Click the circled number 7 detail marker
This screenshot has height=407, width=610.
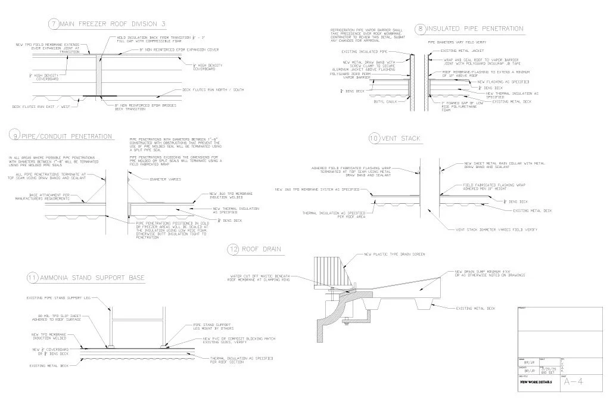coord(54,24)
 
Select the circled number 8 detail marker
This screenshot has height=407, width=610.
coord(421,28)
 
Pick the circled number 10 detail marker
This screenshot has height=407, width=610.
coord(374,138)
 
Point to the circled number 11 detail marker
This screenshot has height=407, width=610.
coord(33,278)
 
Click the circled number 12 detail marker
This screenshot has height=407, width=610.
coord(233,249)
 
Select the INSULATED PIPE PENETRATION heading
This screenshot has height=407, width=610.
coord(475,28)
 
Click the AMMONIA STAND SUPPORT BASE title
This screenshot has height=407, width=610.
coord(92,278)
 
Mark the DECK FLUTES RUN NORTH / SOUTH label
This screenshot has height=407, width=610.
coord(213,90)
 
